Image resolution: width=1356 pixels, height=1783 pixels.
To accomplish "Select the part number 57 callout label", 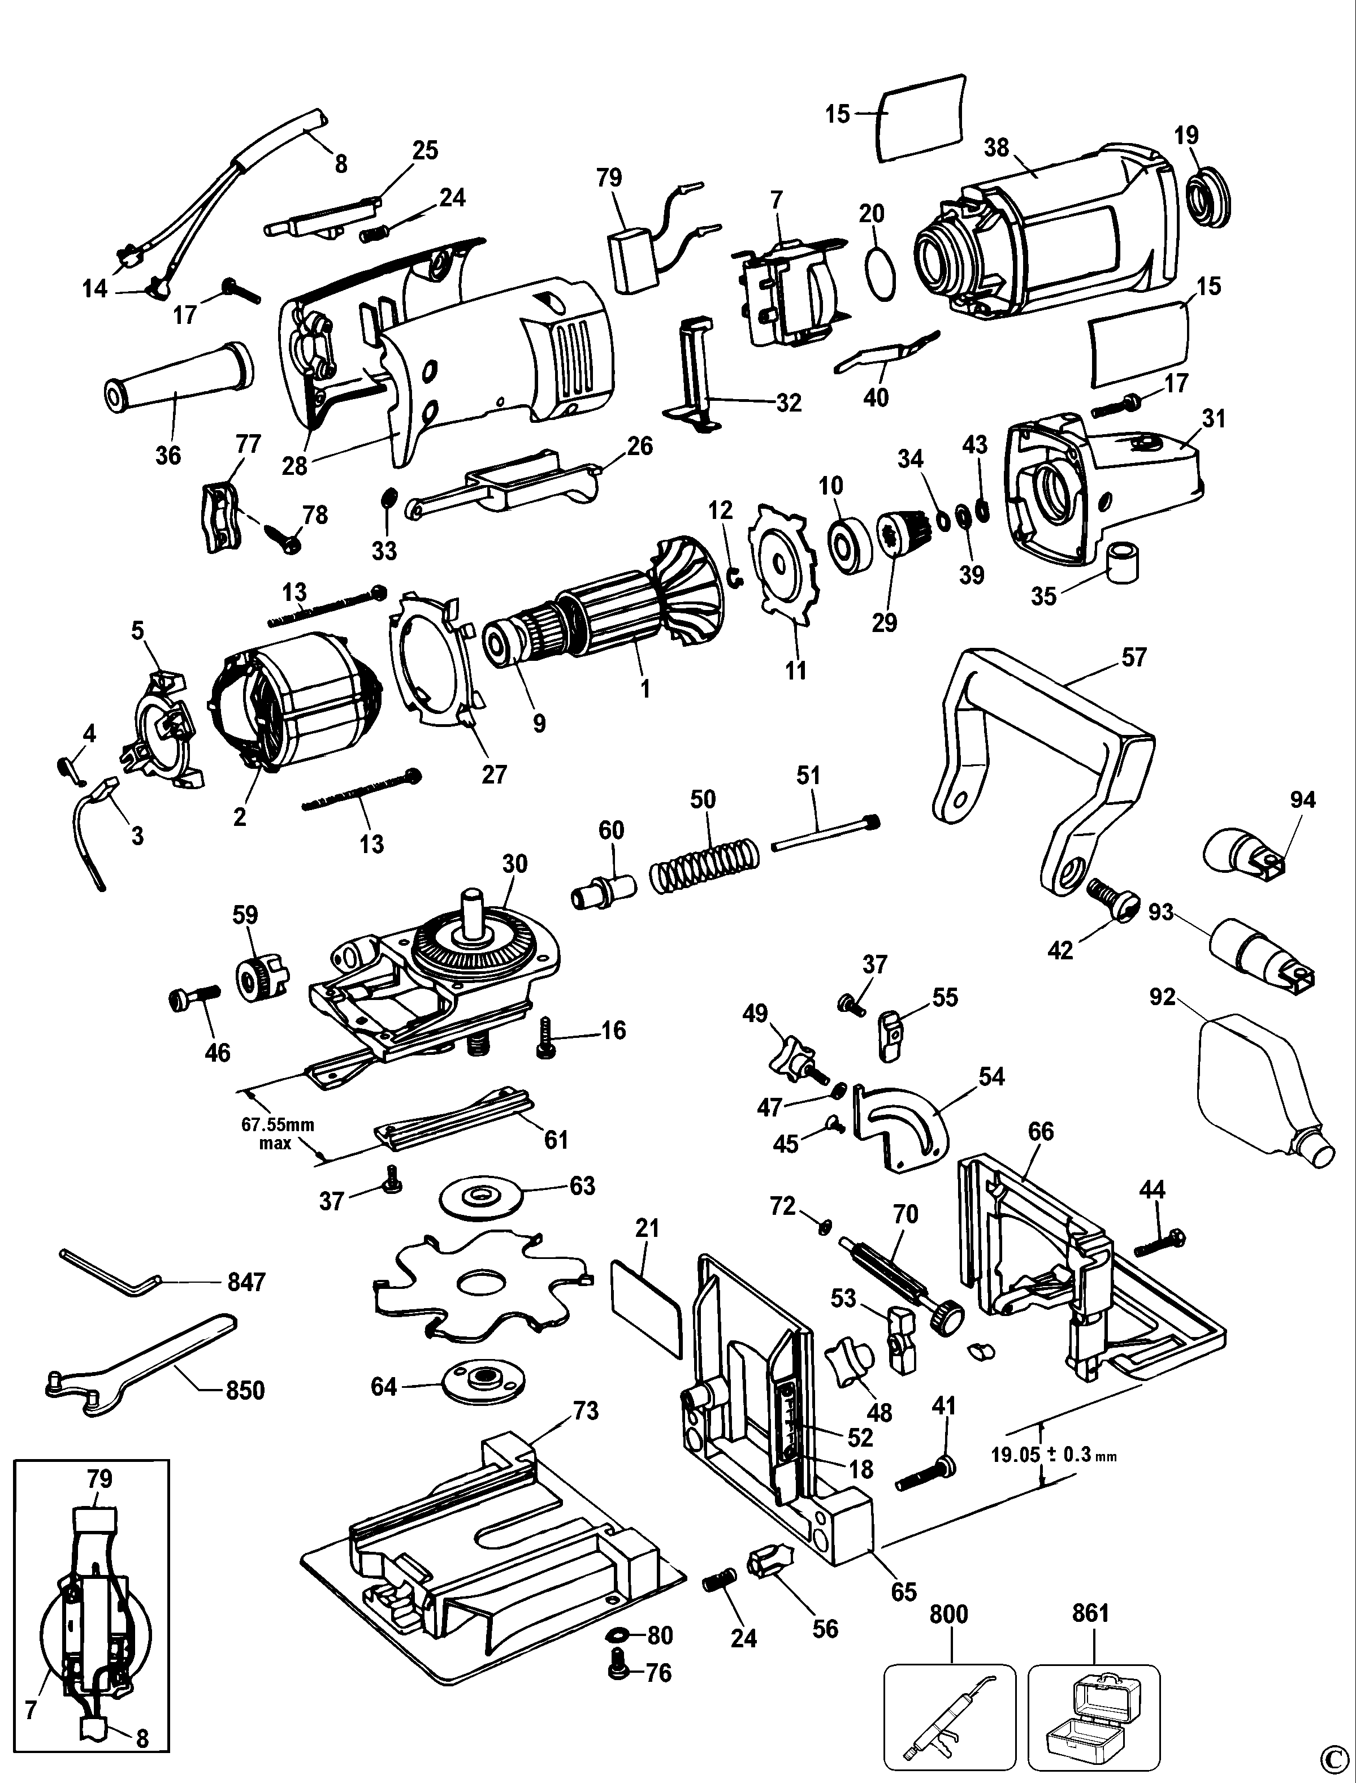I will (x=1134, y=658).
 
